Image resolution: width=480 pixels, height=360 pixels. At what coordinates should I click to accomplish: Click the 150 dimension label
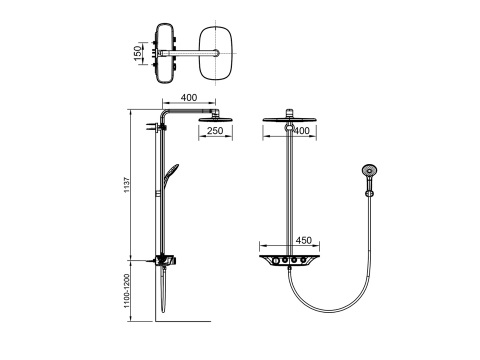click(137, 53)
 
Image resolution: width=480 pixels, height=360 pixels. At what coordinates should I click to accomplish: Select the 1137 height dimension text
click(127, 185)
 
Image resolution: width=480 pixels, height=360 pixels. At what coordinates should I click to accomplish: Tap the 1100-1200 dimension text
click(127, 291)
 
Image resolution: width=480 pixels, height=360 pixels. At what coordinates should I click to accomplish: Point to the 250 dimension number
click(215, 130)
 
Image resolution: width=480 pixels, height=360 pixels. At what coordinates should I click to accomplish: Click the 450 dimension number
click(303, 240)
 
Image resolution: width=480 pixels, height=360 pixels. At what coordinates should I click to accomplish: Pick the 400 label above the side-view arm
click(189, 97)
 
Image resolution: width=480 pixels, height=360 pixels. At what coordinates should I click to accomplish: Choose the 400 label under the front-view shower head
click(301, 131)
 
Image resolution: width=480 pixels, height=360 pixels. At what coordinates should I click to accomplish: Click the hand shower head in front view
click(369, 170)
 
